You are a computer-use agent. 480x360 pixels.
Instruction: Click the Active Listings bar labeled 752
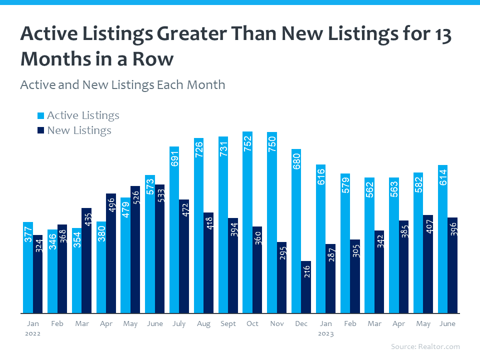[x=247, y=222]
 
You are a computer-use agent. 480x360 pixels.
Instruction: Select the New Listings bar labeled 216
[x=306, y=287]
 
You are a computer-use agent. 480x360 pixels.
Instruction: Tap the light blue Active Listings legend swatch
[x=41, y=116]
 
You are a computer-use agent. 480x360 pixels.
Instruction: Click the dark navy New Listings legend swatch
[x=41, y=131]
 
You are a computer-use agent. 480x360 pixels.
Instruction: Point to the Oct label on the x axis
[x=252, y=323]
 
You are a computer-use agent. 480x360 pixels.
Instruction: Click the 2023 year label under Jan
[x=326, y=333]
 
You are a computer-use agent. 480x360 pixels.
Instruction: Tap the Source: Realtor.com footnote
[x=425, y=346]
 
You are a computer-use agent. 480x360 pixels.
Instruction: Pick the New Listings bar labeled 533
[x=159, y=249]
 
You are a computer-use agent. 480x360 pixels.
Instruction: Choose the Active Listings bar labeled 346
[x=52, y=271]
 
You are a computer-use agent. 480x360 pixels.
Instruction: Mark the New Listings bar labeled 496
[x=111, y=253]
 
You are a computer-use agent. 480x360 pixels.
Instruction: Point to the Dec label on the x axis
[x=301, y=323]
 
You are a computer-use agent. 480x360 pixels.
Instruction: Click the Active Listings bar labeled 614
[x=443, y=239]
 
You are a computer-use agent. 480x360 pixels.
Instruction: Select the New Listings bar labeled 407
[x=428, y=264]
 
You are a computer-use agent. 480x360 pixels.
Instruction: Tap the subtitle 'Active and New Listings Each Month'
[x=122, y=84]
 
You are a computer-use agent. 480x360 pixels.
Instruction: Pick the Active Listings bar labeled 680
[x=296, y=231]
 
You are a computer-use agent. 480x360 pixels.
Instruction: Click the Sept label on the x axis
[x=228, y=323]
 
